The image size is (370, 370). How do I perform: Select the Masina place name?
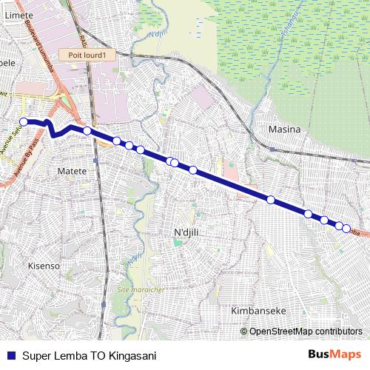(285, 129)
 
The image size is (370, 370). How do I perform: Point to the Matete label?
(72, 171)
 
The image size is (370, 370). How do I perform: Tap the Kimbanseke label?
(258, 310)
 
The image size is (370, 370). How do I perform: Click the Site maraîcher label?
(140, 289)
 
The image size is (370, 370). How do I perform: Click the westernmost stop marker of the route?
(24, 121)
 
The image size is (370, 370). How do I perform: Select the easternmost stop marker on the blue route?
(346, 228)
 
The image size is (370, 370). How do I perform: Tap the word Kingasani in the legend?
(132, 354)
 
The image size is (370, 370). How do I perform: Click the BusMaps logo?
(334, 354)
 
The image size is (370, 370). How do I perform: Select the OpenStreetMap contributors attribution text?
(306, 331)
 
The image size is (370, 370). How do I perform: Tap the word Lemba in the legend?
(71, 354)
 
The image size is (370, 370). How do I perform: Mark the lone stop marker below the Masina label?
(271, 200)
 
